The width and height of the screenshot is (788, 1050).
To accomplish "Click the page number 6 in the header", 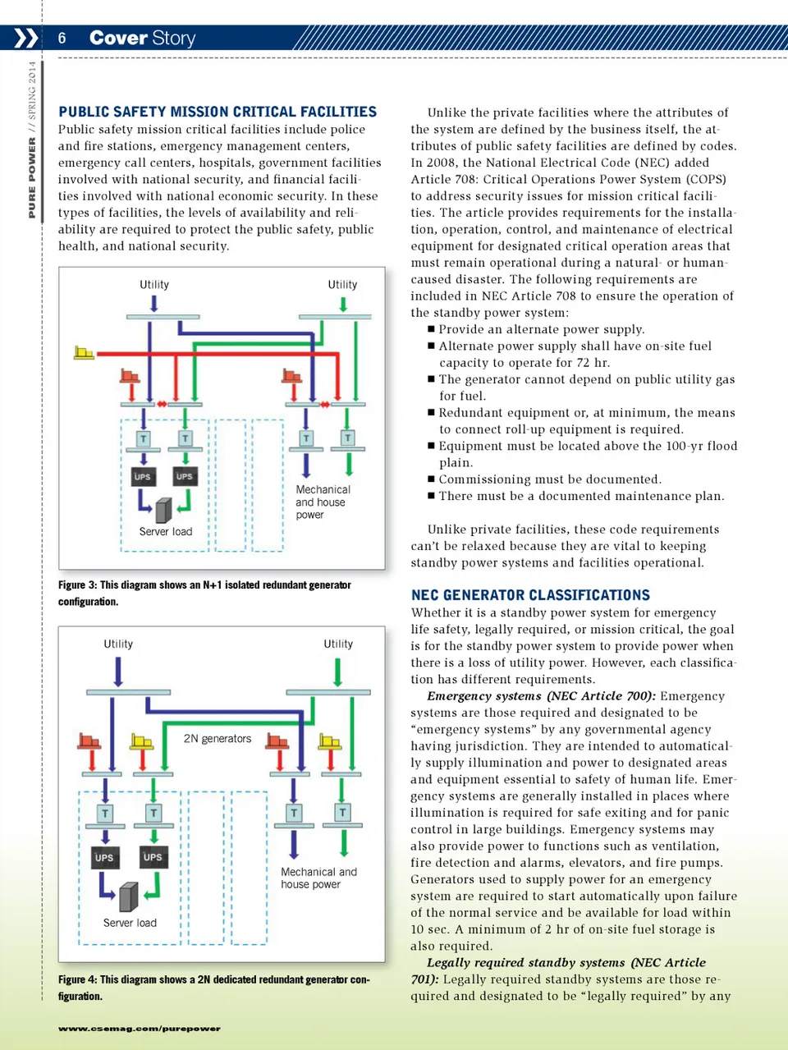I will (62, 38).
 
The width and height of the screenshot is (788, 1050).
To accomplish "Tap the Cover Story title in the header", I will (142, 38).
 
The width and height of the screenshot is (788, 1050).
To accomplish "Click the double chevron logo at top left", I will (25, 38).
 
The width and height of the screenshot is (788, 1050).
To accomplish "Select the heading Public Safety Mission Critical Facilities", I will (218, 112).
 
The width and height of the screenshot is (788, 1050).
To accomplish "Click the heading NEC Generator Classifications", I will (530, 595).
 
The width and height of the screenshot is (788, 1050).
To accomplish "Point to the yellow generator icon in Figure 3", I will (84, 353).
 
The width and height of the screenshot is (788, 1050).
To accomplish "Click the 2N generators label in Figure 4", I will (217, 739).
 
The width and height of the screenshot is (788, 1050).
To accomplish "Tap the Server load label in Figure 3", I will (165, 532).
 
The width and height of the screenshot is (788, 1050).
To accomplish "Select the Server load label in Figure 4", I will (130, 923).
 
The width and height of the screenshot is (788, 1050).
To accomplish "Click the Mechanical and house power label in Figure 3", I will (322, 502).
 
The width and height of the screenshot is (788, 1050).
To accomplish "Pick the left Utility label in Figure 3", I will (154, 285).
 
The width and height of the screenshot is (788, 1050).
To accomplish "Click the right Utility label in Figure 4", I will (338, 644).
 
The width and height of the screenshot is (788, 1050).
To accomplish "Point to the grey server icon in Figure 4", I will (128, 897).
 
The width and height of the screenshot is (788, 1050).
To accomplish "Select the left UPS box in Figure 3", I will (143, 476).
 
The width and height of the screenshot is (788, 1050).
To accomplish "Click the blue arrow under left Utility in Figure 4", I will (118, 672).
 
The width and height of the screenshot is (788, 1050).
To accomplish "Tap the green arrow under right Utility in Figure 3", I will (343, 304).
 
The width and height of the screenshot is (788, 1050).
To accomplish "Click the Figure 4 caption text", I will (213, 988).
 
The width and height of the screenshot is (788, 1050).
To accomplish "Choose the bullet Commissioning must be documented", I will (548, 479).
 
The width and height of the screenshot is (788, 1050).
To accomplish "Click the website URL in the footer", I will (139, 1029).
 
